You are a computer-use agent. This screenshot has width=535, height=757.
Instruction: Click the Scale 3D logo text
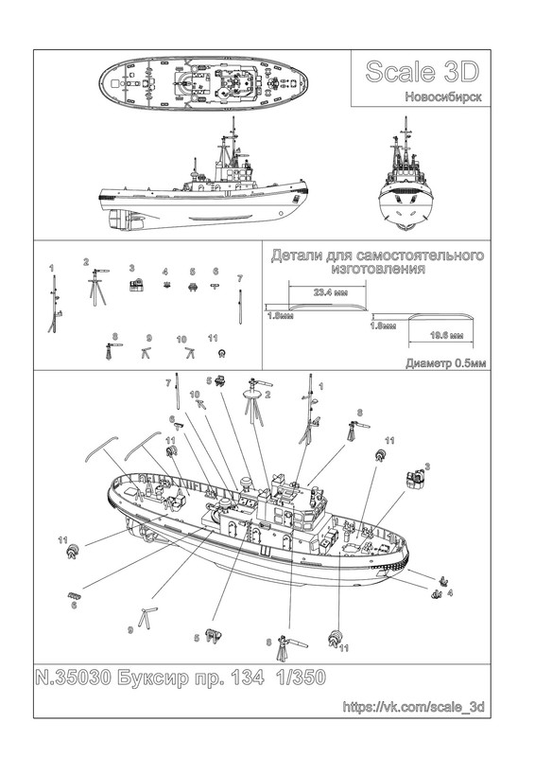tap(423, 72)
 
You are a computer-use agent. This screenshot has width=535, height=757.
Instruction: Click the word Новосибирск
tap(443, 97)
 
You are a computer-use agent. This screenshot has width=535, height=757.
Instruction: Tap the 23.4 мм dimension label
tap(331, 292)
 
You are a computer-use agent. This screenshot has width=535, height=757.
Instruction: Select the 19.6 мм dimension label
tap(447, 335)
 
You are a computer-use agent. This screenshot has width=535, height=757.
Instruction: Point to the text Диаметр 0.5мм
tap(446, 363)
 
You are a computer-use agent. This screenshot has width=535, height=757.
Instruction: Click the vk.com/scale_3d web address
tap(413, 707)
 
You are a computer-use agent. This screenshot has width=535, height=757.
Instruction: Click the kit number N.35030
tap(74, 678)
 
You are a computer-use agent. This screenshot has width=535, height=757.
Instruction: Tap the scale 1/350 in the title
tap(301, 678)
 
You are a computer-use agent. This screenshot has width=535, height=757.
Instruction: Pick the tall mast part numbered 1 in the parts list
tap(55, 303)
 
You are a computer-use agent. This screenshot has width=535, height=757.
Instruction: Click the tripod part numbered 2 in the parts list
tap(97, 287)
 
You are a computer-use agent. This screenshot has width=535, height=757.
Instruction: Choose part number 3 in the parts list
tap(136, 285)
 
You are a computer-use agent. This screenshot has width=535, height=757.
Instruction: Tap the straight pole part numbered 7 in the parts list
tap(240, 306)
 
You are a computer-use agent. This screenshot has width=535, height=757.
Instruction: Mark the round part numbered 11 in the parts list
tap(222, 353)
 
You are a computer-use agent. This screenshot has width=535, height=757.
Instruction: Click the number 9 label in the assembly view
tap(129, 629)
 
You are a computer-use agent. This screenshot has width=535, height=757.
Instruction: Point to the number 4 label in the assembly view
tap(450, 592)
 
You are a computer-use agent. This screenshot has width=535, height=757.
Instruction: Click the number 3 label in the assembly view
tap(427, 466)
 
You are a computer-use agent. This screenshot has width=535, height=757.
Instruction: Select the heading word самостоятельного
tap(413, 255)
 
